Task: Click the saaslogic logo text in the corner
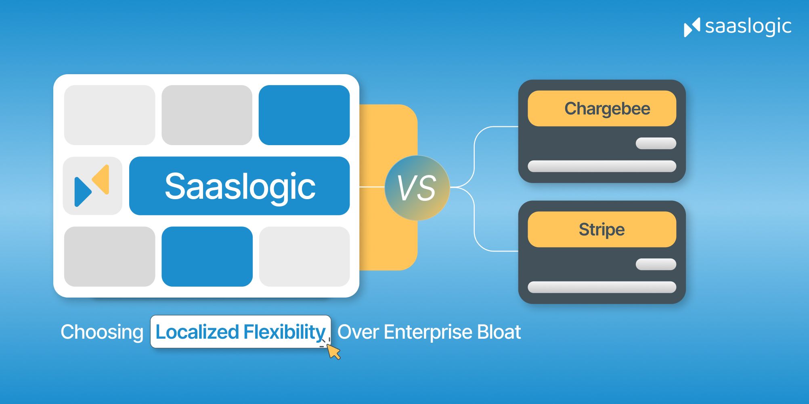748,27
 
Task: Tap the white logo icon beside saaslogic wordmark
692,27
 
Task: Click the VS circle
417,187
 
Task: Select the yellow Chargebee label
602,108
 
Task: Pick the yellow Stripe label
602,229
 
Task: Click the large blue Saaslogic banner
239,186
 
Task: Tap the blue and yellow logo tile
92,186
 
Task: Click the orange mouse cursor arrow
333,352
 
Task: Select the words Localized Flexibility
241,332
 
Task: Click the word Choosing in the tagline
102,332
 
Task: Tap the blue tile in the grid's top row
304,115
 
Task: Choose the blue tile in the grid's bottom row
207,256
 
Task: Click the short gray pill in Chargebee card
656,143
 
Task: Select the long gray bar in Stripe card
602,287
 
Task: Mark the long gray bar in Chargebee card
602,166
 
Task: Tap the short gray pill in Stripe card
656,264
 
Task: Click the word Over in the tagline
358,332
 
